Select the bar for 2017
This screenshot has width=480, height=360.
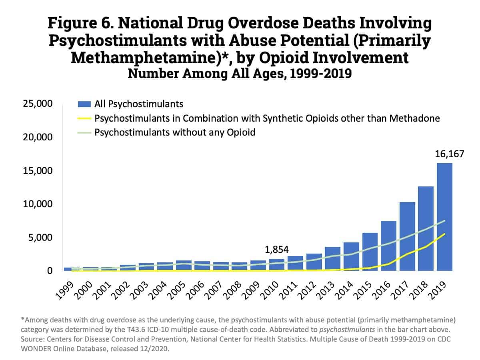407,236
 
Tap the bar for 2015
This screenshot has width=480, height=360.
370,252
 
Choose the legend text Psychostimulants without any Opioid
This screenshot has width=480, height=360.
175,132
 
